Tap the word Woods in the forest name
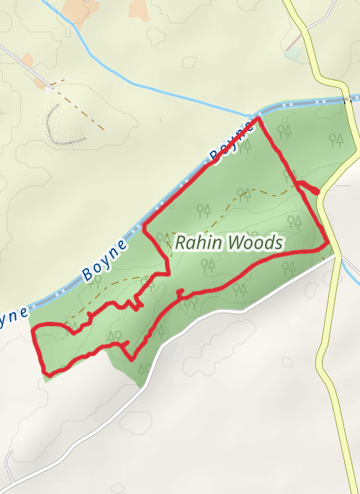pos(256,243)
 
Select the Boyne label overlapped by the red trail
pos(233,140)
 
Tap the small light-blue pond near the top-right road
pos(292,53)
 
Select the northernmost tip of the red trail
pos(258,117)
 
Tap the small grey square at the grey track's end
pos(48,90)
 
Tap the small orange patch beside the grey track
pos(28,60)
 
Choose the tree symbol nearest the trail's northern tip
pos(285,131)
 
